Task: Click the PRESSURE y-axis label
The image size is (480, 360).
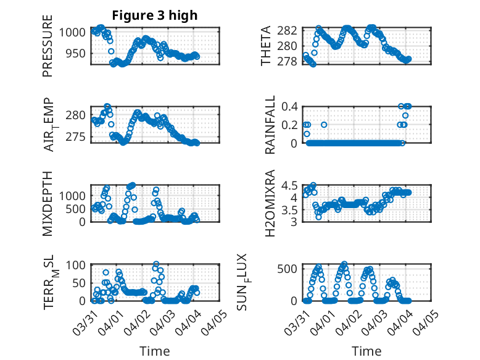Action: tap(48, 46)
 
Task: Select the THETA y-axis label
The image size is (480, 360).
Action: tap(265, 46)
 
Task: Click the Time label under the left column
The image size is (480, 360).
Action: tap(154, 351)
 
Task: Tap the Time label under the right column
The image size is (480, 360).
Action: tap(366, 351)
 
